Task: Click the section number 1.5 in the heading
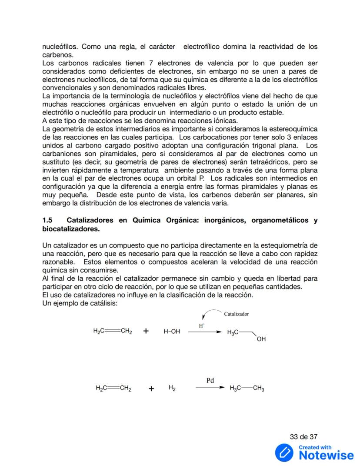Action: [47, 221]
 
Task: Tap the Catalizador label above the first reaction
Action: [236, 313]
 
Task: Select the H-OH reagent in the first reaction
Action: [172, 332]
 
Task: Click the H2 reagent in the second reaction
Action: [172, 388]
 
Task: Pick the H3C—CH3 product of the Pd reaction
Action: [247, 388]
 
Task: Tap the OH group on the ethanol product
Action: [261, 339]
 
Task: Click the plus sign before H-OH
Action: [146, 331]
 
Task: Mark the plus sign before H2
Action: [151, 389]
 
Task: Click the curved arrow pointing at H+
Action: [211, 313]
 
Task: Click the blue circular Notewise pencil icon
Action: [284, 453]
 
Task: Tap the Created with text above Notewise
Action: [315, 447]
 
